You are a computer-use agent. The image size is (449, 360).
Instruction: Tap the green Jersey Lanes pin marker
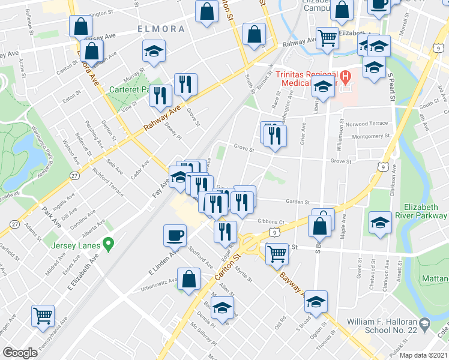[109, 244]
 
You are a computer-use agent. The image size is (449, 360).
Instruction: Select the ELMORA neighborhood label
[160, 28]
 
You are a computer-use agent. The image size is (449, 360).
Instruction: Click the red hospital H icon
[345, 77]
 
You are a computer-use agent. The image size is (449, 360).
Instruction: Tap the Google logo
[20, 353]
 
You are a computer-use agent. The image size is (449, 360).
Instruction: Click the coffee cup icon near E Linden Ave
[175, 235]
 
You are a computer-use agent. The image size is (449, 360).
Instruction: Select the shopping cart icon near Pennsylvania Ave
[43, 315]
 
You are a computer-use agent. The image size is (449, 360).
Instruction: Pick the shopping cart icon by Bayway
[277, 254]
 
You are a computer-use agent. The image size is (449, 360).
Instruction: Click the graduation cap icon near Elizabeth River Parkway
[380, 223]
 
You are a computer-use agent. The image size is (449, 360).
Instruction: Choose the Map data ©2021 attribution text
[424, 355]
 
